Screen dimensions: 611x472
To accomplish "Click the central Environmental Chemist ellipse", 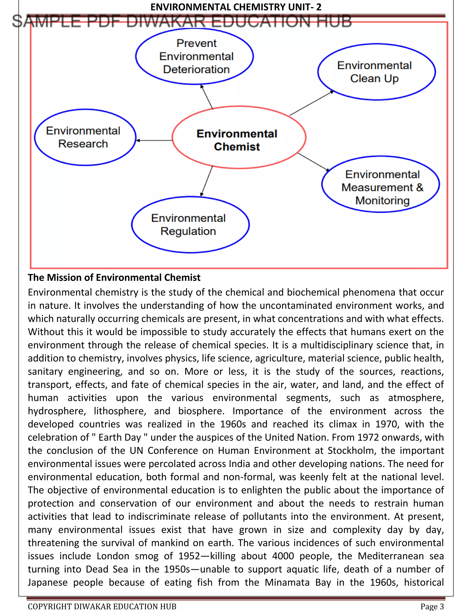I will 239,137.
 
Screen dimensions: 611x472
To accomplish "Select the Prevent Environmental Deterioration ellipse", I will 194,56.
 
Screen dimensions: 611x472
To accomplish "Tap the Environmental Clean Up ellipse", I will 376,72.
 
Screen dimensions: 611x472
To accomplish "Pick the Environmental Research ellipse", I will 85,137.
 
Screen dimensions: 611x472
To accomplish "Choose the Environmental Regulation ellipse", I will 190,225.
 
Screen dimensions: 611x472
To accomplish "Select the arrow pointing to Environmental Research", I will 154,140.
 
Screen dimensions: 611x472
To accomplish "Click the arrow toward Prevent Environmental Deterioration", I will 207,97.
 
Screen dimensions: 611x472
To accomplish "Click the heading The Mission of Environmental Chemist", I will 114,278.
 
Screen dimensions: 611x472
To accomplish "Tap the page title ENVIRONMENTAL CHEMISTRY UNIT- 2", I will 236,7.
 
